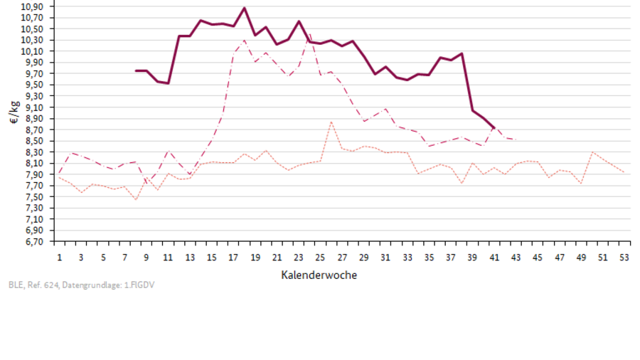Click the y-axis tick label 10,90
click(x=33, y=6)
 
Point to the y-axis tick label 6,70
click(x=33, y=242)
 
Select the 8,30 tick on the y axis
click(x=33, y=152)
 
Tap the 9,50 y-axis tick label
click(x=33, y=85)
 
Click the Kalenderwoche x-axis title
click(x=319, y=275)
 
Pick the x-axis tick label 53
click(x=624, y=257)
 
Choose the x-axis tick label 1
click(x=60, y=257)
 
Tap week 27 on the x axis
click(x=342, y=257)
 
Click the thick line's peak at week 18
click(x=245, y=8)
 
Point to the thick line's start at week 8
click(x=136, y=70)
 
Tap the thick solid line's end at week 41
click(x=494, y=128)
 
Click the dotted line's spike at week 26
click(x=331, y=122)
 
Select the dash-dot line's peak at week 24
click(x=309, y=33)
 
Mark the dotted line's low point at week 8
click(x=136, y=199)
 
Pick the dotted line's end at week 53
click(x=624, y=172)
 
